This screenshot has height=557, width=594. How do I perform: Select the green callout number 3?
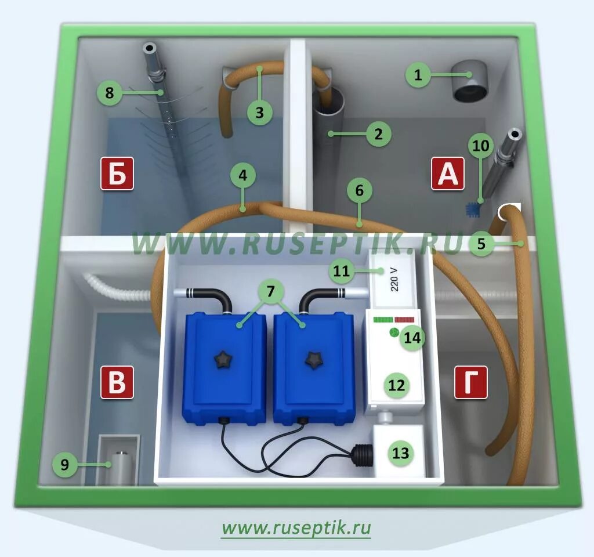pos(259,112)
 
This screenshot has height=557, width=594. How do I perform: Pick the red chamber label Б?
pos(117,173)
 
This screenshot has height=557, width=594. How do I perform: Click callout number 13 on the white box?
pos(400,453)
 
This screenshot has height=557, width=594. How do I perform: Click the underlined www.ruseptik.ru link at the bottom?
pos(296,528)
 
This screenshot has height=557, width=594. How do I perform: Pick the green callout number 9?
pos(65,464)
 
